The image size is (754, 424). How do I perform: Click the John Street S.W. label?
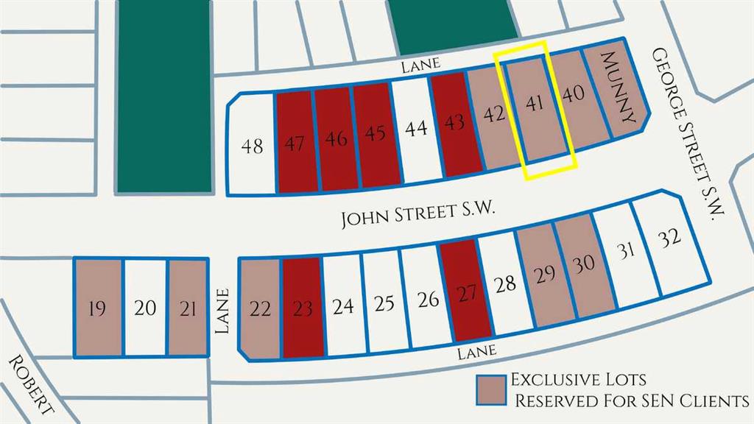coord(417,217)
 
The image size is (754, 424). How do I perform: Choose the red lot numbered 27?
coord(466,294)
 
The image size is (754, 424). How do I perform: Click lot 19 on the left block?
coord(96,308)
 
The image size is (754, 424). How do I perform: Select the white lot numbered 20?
coord(145,308)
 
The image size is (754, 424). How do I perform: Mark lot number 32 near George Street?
coord(669,240)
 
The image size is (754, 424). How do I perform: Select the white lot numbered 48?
coord(253,147)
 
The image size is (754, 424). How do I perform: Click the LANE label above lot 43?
coord(420,65)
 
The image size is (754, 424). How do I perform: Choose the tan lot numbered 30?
coord(584,265)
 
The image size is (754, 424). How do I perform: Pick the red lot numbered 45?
coord(375,134)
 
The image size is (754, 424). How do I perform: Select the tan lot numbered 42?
coord(494,115)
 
